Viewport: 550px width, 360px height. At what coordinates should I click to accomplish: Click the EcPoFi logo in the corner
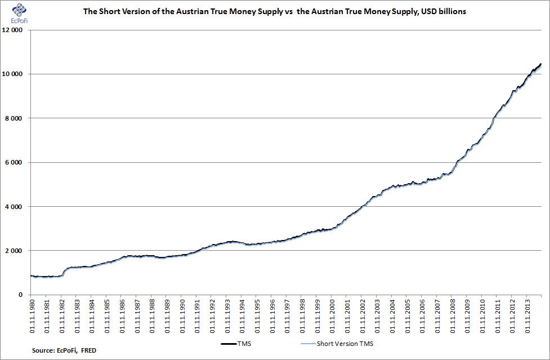pyautogui.click(x=19, y=14)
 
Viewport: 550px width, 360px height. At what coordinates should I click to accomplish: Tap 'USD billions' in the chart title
pyautogui.click(x=444, y=12)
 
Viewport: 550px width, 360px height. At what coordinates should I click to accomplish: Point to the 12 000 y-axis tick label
pyautogui.click(x=12, y=30)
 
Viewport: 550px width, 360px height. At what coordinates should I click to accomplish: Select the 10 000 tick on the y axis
pyautogui.click(x=12, y=74)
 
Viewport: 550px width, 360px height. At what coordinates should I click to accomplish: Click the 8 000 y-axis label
pyautogui.click(x=14, y=118)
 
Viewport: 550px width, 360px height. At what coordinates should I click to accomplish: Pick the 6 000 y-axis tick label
pyautogui.click(x=14, y=162)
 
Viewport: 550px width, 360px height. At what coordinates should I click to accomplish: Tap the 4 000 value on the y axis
pyautogui.click(x=14, y=207)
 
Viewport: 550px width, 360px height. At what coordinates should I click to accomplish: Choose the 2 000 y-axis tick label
pyautogui.click(x=14, y=251)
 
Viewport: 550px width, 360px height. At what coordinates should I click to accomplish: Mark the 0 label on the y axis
pyautogui.click(x=21, y=295)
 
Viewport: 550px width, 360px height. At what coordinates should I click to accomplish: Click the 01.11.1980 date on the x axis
pyautogui.click(x=32, y=316)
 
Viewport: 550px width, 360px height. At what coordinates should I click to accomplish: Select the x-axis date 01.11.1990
pyautogui.click(x=182, y=316)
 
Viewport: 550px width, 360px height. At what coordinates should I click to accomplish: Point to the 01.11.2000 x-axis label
pyautogui.click(x=333, y=316)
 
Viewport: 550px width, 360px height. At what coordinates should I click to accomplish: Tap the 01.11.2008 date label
pyautogui.click(x=453, y=316)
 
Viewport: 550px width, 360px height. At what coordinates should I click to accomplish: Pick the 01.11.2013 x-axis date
pyautogui.click(x=528, y=316)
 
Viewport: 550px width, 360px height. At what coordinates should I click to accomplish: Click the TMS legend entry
pyautogui.click(x=236, y=344)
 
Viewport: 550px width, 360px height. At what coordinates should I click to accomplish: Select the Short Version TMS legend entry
pyautogui.click(x=337, y=344)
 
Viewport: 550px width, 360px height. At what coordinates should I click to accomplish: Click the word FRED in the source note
pyautogui.click(x=88, y=350)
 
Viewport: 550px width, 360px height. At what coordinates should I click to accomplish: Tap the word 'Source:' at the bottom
pyautogui.click(x=43, y=350)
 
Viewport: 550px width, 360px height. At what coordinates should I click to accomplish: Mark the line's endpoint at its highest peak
pyautogui.click(x=541, y=64)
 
